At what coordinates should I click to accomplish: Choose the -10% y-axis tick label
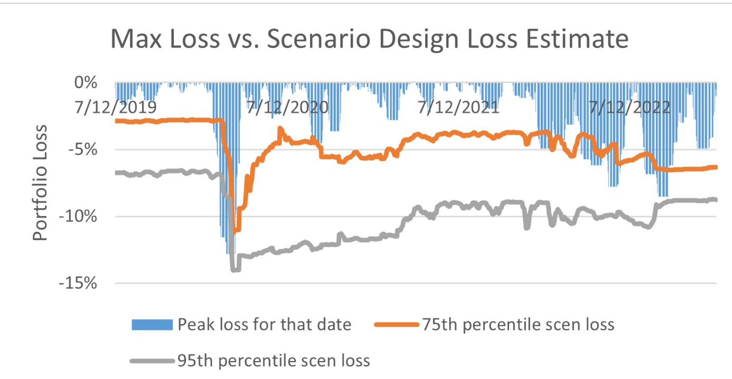coord(81,216)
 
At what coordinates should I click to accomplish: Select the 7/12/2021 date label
coord(458,107)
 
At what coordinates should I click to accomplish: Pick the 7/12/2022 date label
coord(630,107)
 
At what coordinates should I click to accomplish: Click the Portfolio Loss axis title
coord(41,183)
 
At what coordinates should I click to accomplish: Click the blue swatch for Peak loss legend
coord(152,324)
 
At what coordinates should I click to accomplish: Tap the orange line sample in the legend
coord(396,324)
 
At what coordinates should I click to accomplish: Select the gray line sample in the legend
coord(152,362)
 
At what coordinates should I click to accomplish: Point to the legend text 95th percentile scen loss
coord(274,362)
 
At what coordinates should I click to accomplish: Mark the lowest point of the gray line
coord(234,270)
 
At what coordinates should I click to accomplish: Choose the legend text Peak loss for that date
coord(265,324)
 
